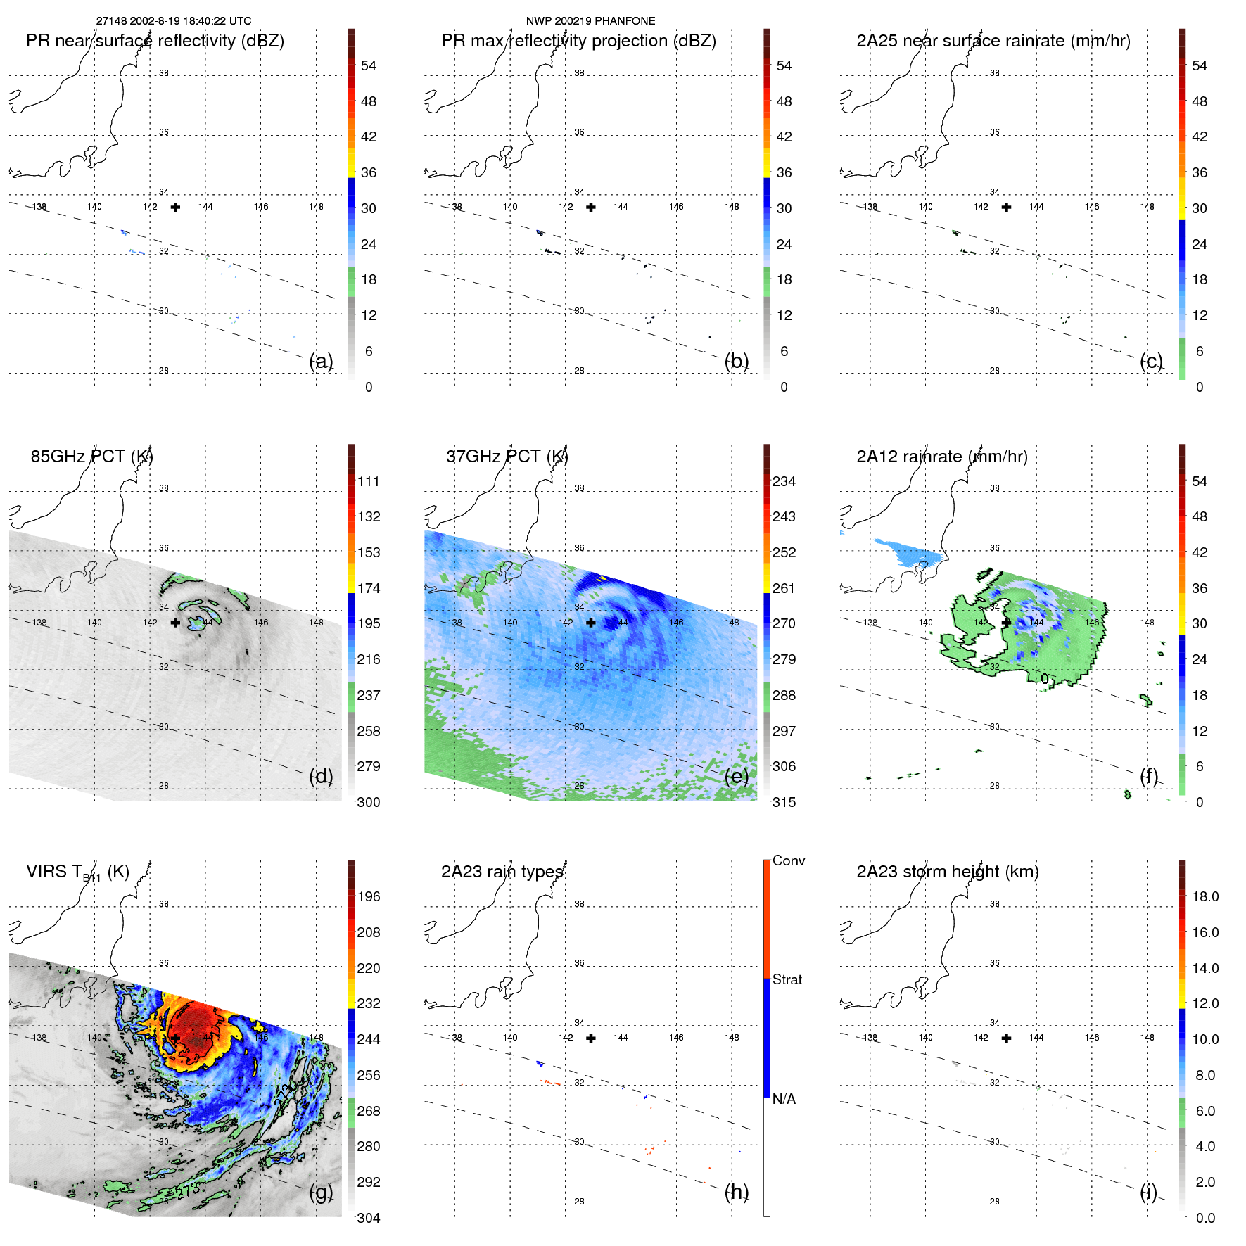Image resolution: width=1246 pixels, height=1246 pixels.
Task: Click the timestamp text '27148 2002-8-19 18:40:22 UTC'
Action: pos(173,21)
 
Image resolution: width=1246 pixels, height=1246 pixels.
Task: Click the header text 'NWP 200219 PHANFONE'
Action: pos(590,21)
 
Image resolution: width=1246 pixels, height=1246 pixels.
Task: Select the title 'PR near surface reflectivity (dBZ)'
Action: pos(155,41)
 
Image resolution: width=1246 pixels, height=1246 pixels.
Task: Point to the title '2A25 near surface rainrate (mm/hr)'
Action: pos(993,41)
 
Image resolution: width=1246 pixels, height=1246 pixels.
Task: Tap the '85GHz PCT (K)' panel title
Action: pos(91,457)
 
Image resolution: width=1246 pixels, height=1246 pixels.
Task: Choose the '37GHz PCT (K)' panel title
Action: pos(507,457)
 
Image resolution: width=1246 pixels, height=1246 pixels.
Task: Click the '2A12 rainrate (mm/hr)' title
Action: pos(941,457)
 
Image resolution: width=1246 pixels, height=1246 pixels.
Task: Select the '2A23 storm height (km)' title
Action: pos(947,872)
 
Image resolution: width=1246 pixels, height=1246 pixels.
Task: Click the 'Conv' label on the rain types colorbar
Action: pos(788,861)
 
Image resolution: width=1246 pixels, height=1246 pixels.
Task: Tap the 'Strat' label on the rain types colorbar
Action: pos(787,980)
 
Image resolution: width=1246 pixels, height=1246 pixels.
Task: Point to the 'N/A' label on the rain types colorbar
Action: pos(784,1099)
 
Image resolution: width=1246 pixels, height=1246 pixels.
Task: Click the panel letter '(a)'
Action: pos(321,361)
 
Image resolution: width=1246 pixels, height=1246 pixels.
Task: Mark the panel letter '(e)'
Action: pos(736,776)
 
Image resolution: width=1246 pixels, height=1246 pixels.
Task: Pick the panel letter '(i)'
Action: pos(1148,1192)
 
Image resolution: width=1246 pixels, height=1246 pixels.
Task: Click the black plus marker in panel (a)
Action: pos(175,207)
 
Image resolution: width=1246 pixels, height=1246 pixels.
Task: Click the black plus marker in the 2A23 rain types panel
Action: pos(591,1038)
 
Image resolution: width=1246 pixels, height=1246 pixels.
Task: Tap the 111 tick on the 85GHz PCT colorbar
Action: pos(368,482)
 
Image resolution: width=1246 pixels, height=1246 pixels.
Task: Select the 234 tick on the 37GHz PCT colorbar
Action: pos(784,482)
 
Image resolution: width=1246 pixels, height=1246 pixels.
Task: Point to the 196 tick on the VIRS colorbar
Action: pos(368,897)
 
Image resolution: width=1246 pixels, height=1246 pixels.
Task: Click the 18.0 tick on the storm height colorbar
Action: pos(1204,897)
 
